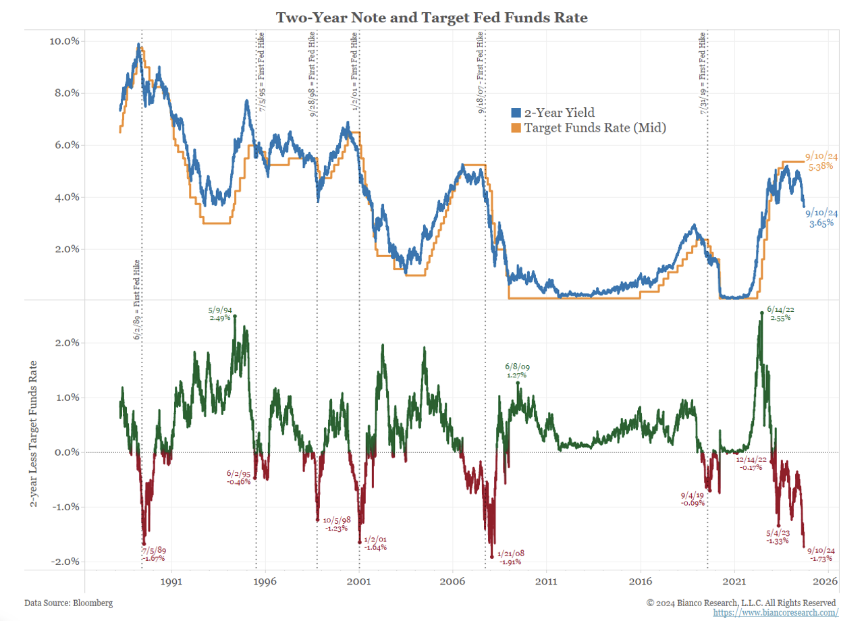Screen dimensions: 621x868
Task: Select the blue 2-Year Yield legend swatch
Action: tap(516, 113)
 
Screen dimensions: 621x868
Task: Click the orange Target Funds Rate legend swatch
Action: tap(516, 127)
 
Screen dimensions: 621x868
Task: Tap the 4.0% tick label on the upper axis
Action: tap(66, 197)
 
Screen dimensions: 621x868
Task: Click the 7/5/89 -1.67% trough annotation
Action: tap(153, 554)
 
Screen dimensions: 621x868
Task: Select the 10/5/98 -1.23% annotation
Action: tap(336, 524)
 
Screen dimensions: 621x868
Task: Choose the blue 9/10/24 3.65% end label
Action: tap(821, 217)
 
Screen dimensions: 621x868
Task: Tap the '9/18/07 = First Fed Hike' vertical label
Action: tap(480, 72)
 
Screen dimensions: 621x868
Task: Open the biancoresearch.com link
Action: tap(776, 612)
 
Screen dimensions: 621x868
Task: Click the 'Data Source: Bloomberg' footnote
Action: tap(68, 602)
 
